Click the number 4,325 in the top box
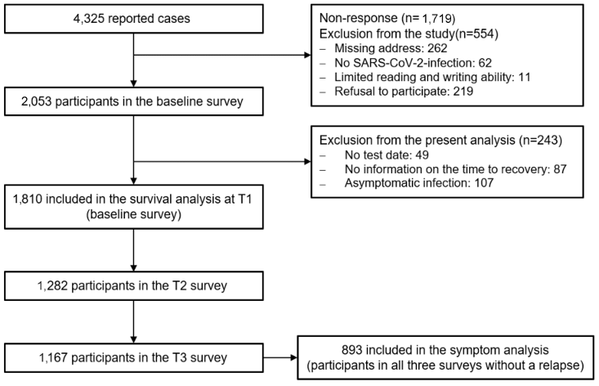click(89, 18)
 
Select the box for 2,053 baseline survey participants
click(134, 101)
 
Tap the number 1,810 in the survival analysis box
click(28, 199)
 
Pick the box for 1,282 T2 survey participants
click(134, 285)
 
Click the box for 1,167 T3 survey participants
click(134, 357)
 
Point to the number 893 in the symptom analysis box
click(352, 350)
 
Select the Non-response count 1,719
click(437, 18)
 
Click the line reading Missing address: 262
click(391, 48)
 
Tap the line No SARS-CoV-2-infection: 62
click(413, 63)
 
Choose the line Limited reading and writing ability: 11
click(432, 77)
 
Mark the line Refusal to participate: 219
click(404, 92)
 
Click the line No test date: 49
click(387, 155)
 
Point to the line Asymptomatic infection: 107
click(419, 183)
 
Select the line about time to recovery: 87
click(455, 169)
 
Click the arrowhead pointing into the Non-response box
click(307, 55)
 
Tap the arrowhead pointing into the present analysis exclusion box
click(307, 162)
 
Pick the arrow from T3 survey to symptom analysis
click(280, 357)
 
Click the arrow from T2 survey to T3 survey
click(134, 321)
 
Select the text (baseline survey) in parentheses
click(134, 214)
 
